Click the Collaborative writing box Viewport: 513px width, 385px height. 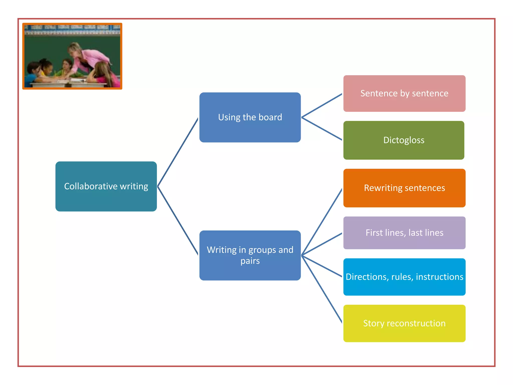point(106,186)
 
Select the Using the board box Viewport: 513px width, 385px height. point(250,117)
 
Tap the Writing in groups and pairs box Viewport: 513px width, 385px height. point(250,255)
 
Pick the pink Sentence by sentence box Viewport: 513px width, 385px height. point(404,93)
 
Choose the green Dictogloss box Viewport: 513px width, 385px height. point(404,140)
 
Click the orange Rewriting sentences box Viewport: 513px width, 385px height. point(404,188)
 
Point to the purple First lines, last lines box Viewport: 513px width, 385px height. point(404,233)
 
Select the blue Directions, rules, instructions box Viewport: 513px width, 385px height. point(404,277)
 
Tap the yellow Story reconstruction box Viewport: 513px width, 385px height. point(404,323)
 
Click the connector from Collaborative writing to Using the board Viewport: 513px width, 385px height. point(178,152)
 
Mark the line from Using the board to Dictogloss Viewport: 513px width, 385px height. point(322,129)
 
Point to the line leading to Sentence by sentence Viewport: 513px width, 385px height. point(322,106)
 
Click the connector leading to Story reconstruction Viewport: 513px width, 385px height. point(322,289)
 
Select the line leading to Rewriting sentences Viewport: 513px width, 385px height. point(322,222)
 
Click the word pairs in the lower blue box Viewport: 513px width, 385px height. point(250,261)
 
